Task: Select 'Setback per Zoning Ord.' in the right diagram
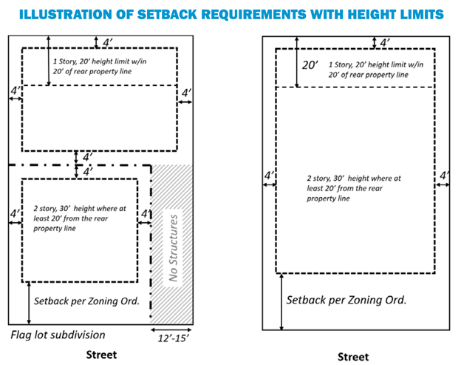click(x=346, y=301)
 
